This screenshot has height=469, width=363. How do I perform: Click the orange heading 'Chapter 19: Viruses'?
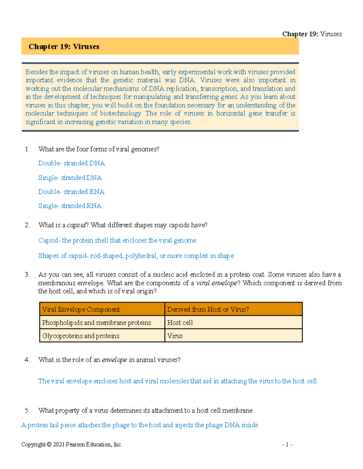pyautogui.click(x=64, y=47)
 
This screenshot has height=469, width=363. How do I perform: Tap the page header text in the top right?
pyautogui.click(x=312, y=34)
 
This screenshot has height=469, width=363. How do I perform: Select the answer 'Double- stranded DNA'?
pyautogui.click(x=71, y=163)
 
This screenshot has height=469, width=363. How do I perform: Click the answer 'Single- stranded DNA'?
pyautogui.click(x=70, y=178)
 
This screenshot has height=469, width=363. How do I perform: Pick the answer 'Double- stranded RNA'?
pyautogui.click(x=71, y=192)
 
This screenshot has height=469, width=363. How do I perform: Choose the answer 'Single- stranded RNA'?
pyautogui.click(x=70, y=206)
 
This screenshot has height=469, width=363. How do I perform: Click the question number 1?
pyautogui.click(x=27, y=149)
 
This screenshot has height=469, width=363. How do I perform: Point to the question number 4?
pyautogui.click(x=27, y=360)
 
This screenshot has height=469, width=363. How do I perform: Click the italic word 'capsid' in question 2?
pyautogui.click(x=76, y=225)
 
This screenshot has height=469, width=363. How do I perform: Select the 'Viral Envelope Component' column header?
pyautogui.click(x=81, y=310)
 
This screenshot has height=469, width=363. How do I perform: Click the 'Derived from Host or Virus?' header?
pyautogui.click(x=208, y=310)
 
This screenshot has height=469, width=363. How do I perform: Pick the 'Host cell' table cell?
pyautogui.click(x=180, y=323)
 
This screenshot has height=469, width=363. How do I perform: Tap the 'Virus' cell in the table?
pyautogui.click(x=175, y=336)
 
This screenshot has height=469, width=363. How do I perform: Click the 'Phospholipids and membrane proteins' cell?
pyautogui.click(x=96, y=323)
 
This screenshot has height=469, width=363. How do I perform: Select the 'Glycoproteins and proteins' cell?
pyautogui.click(x=81, y=336)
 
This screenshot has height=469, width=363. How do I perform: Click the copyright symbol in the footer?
pyautogui.click(x=49, y=445)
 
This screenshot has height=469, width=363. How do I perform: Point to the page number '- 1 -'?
pyautogui.click(x=287, y=445)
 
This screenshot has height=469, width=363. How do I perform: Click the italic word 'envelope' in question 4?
pyautogui.click(x=114, y=360)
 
